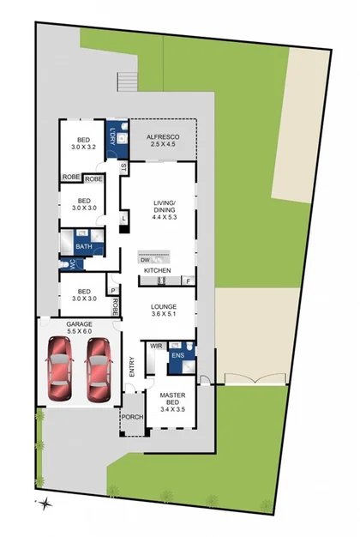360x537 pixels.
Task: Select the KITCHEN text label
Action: (x=157, y=271)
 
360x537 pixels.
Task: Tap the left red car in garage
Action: (x=60, y=369)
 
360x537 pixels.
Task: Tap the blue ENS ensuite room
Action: (x=180, y=354)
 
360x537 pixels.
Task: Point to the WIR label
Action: (x=156, y=346)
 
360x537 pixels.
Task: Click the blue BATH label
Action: (x=83, y=247)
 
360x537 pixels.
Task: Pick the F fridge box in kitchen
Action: (x=187, y=281)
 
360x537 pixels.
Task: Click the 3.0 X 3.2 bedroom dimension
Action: (x=83, y=147)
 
